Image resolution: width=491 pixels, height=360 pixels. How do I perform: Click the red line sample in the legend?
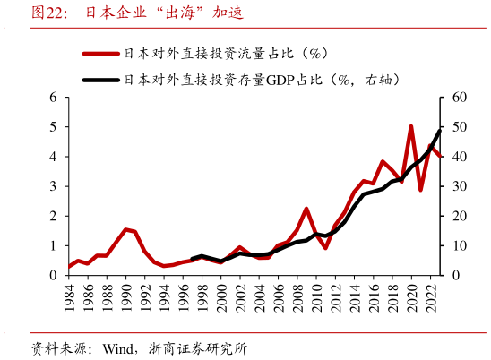click(x=101, y=55)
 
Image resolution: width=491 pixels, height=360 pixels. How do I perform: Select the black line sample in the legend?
click(x=101, y=80)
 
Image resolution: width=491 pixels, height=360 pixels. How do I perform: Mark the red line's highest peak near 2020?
click(x=411, y=126)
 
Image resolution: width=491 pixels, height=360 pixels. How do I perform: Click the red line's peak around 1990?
click(x=126, y=229)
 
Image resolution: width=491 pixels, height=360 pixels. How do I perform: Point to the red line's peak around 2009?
click(x=306, y=209)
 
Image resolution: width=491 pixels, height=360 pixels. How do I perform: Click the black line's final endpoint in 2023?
click(x=440, y=131)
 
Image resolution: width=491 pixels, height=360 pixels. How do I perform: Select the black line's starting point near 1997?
click(x=193, y=259)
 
